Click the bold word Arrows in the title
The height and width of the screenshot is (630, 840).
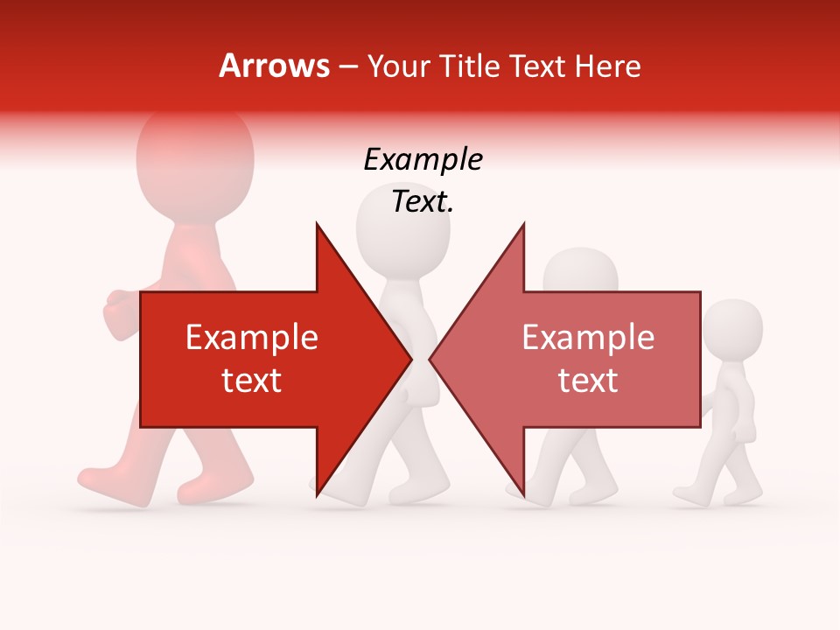coord(274,66)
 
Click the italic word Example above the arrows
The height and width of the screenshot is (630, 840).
coord(423,160)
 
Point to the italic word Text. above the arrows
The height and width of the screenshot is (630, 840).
coord(423,202)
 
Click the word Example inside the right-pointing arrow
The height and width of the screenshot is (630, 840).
coord(251,338)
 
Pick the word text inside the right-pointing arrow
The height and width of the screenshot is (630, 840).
coord(251,381)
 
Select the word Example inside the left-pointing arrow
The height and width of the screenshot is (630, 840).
coord(588,338)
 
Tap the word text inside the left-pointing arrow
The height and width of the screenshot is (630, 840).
coord(588,381)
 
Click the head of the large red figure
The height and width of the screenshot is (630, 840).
coord(194,157)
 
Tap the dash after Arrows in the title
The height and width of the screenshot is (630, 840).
coord(348,66)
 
